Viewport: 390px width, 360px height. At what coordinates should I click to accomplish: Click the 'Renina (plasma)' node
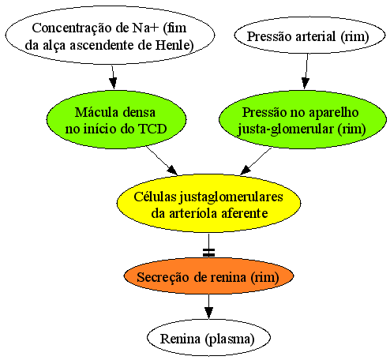[208, 338]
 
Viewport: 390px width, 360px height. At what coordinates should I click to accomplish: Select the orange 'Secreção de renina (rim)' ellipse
[208, 276]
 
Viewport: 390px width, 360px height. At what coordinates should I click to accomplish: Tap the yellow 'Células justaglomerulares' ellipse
[208, 204]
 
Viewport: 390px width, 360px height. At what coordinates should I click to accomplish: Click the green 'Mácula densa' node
[116, 120]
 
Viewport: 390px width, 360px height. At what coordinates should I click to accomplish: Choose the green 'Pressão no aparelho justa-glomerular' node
[302, 120]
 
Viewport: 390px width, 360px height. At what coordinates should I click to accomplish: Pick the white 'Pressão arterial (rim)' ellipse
[309, 36]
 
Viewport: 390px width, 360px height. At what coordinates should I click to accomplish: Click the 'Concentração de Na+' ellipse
[110, 36]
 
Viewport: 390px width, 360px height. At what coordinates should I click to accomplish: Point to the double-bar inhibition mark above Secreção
[208, 253]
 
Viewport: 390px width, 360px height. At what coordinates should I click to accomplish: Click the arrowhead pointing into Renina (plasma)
[208, 313]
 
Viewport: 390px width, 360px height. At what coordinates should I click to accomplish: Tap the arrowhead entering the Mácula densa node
[114, 83]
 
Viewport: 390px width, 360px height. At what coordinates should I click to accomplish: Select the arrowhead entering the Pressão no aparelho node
[306, 83]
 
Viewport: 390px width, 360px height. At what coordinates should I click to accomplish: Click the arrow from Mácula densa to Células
[162, 160]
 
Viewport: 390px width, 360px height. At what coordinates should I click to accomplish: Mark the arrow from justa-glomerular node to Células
[256, 161]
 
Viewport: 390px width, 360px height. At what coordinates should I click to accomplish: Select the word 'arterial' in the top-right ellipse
[316, 36]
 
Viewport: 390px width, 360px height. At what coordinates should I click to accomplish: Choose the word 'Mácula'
[96, 112]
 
